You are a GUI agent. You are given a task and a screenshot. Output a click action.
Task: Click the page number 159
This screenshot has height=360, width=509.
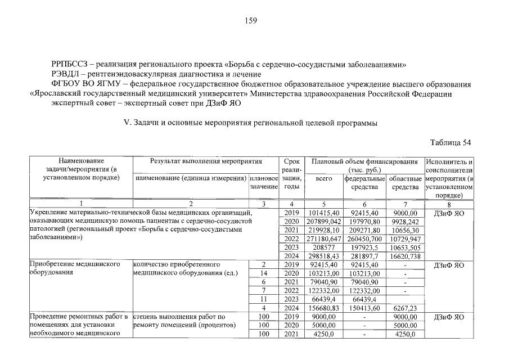point(251,21)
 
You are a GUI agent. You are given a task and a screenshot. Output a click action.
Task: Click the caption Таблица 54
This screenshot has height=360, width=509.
point(450,142)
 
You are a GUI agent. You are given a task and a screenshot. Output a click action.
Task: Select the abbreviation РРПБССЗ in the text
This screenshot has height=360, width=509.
point(70,64)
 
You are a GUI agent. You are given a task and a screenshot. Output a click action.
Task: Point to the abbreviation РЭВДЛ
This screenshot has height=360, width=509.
point(66,74)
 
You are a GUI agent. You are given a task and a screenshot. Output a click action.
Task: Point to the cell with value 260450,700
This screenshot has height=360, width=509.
point(364,240)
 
